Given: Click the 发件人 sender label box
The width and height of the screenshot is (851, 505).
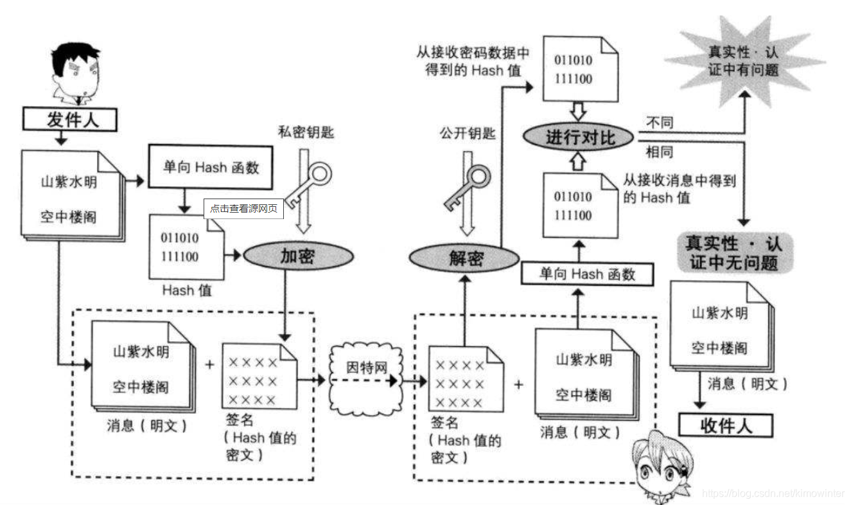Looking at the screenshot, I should click(71, 120).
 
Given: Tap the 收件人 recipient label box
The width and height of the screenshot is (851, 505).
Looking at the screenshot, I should click(726, 425).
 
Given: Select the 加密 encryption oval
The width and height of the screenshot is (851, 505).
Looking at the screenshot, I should click(298, 256).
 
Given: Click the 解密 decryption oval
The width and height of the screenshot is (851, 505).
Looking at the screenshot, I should click(464, 258).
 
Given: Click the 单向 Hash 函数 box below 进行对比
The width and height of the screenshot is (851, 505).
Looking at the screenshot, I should click(587, 274).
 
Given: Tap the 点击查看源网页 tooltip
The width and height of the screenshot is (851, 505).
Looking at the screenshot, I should click(243, 209).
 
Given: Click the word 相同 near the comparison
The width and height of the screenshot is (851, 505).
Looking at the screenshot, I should click(659, 152).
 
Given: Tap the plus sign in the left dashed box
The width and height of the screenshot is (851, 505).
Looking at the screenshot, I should click(209, 365).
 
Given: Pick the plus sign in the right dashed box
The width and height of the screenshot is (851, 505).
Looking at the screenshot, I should click(518, 384).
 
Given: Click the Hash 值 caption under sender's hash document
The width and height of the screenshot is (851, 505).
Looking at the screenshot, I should click(186, 290).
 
